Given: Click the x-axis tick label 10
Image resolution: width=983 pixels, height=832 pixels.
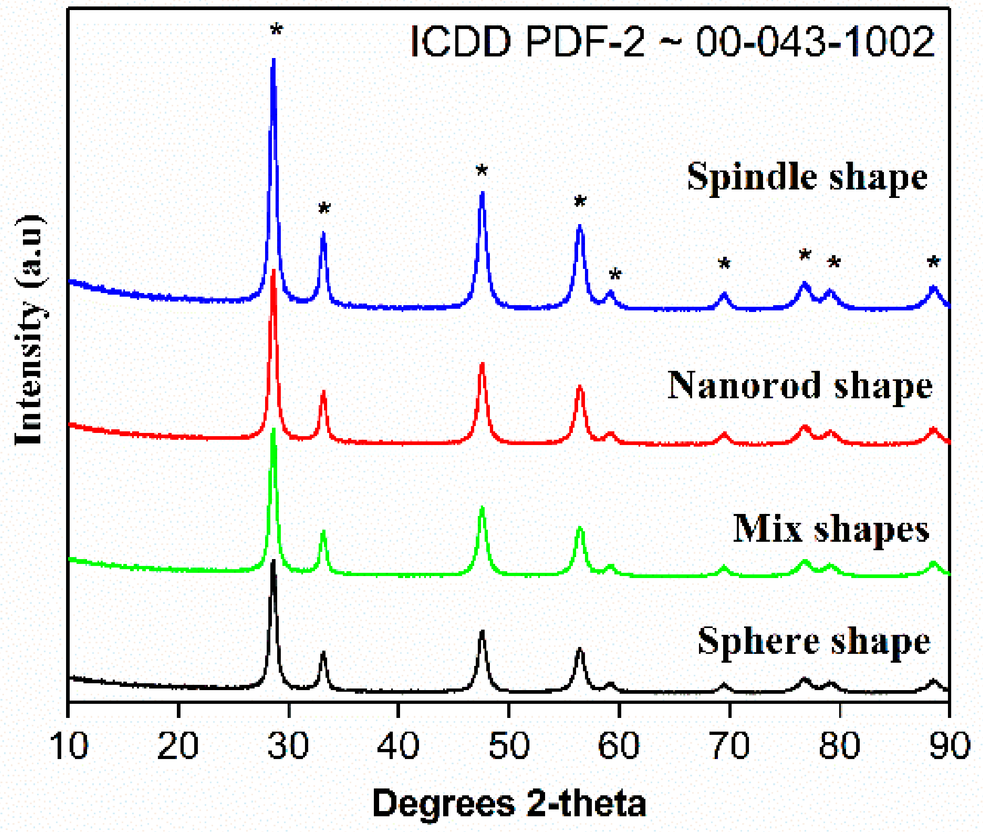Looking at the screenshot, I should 69,746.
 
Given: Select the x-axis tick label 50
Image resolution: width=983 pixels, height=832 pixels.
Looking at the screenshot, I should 509,746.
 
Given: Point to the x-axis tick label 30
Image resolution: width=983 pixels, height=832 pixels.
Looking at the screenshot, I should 288,746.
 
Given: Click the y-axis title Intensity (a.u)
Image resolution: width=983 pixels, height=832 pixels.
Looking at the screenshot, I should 29,330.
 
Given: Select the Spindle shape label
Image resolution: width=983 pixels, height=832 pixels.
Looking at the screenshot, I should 807,177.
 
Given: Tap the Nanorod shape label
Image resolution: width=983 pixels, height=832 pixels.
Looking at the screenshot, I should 800,386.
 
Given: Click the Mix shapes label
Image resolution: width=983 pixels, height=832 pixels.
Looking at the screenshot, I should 831,529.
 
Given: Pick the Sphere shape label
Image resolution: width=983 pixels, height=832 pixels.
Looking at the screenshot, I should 814,641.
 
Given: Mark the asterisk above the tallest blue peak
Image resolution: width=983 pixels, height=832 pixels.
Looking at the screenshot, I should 276,31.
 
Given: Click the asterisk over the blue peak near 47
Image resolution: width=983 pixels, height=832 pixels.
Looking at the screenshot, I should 481,171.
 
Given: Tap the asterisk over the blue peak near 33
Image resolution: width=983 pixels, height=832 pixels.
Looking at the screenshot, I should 324,208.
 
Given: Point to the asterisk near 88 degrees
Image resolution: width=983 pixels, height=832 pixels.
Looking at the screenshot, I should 933,262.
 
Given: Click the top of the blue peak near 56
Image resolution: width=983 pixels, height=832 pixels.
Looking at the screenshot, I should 580,227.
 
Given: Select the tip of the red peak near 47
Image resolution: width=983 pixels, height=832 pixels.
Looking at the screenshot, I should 482,364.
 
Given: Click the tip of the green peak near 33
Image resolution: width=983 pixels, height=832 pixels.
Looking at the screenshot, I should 324,532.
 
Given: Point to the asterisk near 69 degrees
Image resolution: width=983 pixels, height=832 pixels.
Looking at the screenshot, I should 724,264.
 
